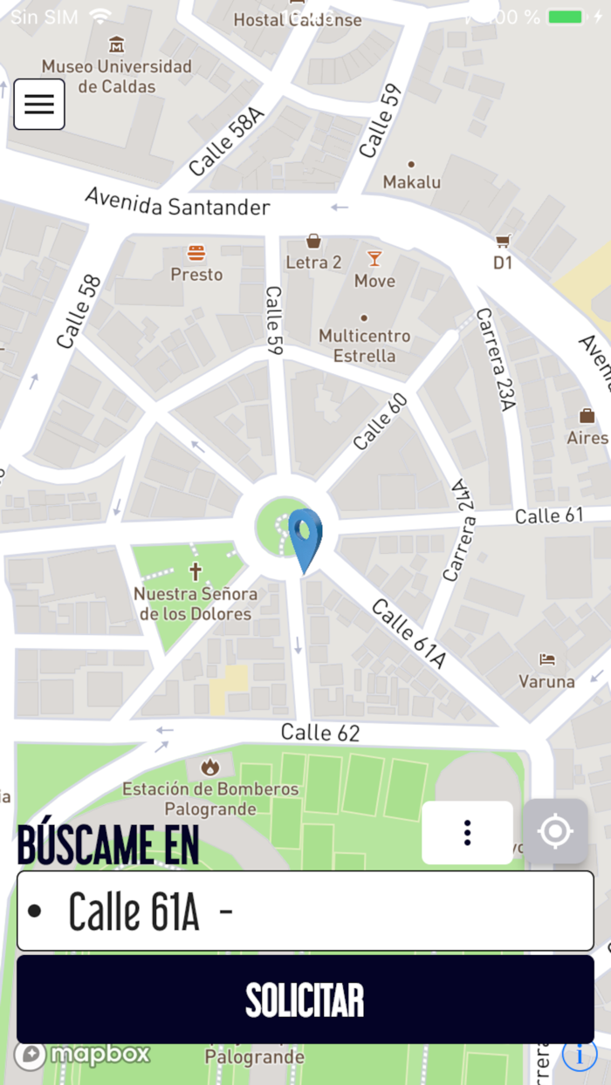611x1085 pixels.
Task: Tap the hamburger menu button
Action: click(39, 104)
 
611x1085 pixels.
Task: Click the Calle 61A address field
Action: click(305, 911)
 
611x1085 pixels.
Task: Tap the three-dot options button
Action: click(468, 833)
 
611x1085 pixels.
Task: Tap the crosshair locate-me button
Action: click(555, 832)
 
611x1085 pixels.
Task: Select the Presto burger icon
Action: click(196, 254)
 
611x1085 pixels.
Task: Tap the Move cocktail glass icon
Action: click(374, 258)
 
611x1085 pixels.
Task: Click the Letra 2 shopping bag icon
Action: click(313, 241)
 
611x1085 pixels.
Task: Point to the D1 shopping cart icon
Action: click(503, 241)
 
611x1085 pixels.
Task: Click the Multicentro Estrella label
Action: click(364, 345)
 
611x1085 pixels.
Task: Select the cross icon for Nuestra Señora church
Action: click(196, 572)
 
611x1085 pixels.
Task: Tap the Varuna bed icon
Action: click(546, 659)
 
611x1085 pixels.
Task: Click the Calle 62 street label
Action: click(320, 733)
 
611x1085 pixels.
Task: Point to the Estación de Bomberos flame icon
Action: click(209, 768)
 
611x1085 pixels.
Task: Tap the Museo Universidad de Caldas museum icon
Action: click(116, 44)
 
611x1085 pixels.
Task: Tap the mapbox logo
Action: click(83, 1054)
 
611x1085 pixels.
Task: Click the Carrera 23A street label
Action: click(496, 359)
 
